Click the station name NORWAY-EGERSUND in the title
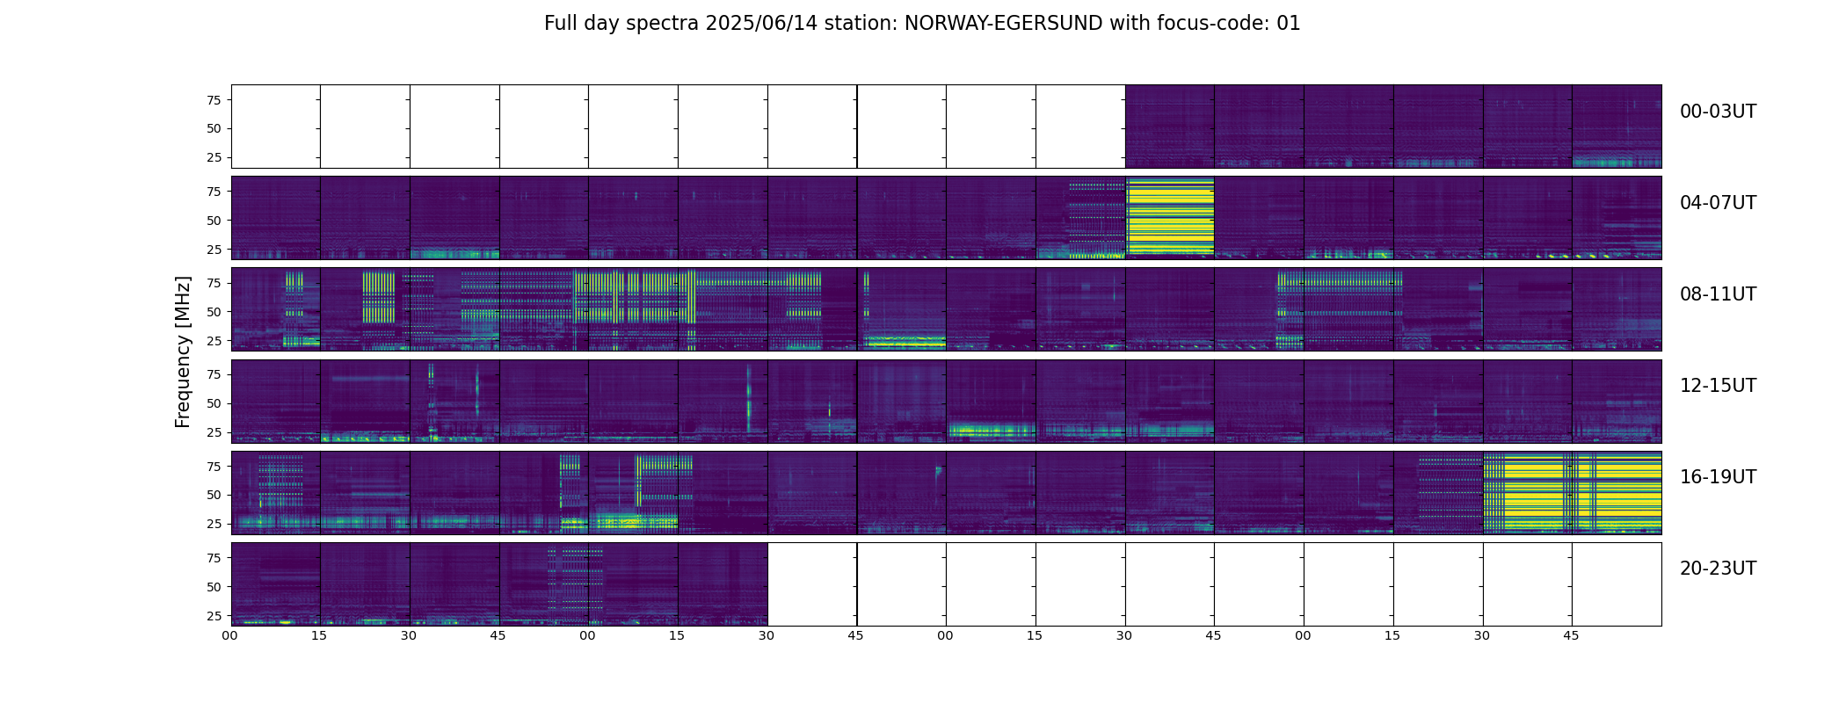(1003, 24)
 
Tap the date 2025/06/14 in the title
(761, 24)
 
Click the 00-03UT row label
(1718, 112)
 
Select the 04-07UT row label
(1718, 203)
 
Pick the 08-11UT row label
(1718, 294)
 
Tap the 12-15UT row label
(1718, 386)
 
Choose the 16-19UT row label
(1718, 477)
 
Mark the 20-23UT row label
(1718, 569)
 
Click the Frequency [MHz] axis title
(183, 351)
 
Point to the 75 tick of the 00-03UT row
(214, 100)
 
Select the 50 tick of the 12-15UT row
(214, 403)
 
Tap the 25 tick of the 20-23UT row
(214, 616)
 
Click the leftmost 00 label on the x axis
(229, 635)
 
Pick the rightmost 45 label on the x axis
(1571, 635)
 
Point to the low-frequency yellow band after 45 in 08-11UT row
(903, 342)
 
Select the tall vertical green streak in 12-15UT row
(749, 400)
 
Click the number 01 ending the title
(1289, 24)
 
